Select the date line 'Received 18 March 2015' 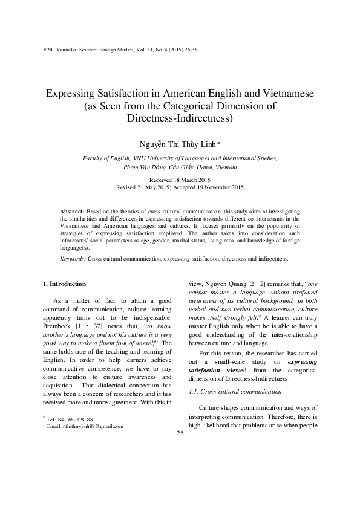pyautogui.click(x=180, y=180)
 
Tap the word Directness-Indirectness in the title pyautogui.click(x=180, y=119)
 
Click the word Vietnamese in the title pyautogui.click(x=290, y=95)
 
